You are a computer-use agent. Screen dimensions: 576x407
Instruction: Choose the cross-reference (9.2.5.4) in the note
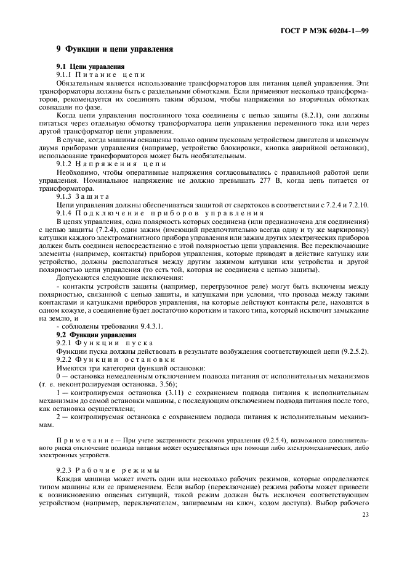click(262, 441)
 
